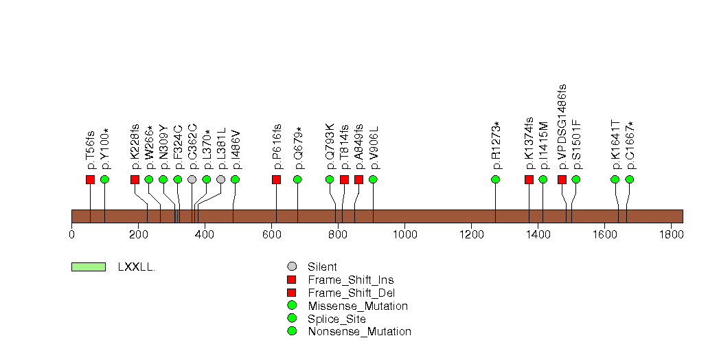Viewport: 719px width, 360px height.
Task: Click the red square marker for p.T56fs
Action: click(x=91, y=179)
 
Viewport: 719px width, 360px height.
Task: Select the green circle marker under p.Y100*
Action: click(x=104, y=179)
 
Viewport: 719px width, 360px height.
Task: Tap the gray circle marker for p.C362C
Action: click(x=192, y=179)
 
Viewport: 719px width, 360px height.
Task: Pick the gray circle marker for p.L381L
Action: click(x=221, y=179)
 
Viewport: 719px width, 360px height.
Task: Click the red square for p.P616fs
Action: click(x=276, y=179)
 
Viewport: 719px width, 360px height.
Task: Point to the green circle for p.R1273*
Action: click(x=495, y=179)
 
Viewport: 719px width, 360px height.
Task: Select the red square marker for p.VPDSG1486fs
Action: click(x=562, y=179)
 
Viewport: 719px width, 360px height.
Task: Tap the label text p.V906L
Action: click(x=374, y=148)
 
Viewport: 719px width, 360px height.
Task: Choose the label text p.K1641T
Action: click(x=616, y=146)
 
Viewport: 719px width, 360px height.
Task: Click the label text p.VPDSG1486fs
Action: click(x=562, y=128)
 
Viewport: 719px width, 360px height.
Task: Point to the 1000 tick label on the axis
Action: click(x=405, y=234)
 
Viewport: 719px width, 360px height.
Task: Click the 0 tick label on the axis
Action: click(x=72, y=234)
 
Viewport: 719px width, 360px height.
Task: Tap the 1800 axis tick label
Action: click(x=672, y=234)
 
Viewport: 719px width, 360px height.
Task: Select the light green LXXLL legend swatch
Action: click(x=89, y=267)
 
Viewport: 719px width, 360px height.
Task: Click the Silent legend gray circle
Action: click(x=292, y=267)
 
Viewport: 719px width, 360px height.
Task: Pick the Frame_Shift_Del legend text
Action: click(x=351, y=293)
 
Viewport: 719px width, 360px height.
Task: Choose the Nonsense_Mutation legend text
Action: click(x=360, y=332)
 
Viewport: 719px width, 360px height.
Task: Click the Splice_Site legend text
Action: click(x=337, y=319)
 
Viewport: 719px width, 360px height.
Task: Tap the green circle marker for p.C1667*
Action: click(x=630, y=179)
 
